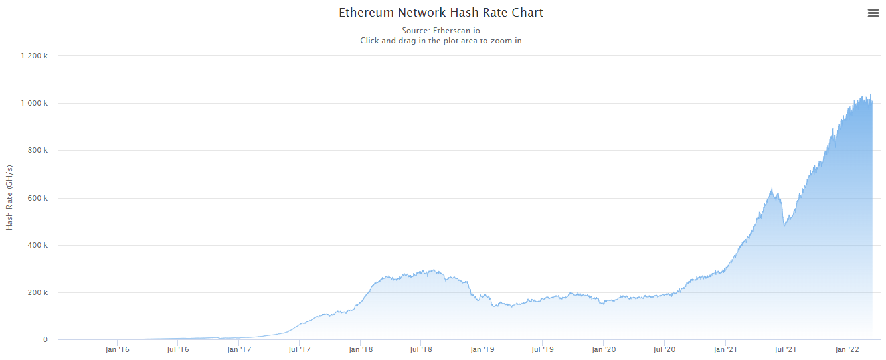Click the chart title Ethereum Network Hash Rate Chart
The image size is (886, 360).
coord(441,13)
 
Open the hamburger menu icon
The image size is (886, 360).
coord(873,13)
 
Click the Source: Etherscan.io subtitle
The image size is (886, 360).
coord(441,31)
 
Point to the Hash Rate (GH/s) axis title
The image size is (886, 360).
coord(9,197)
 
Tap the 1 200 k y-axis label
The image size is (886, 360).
coord(35,56)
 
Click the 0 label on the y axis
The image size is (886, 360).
coord(45,340)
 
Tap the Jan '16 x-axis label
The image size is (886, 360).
coord(117,349)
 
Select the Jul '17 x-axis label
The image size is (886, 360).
coord(300,349)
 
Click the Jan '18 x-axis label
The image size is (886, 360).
coord(360,349)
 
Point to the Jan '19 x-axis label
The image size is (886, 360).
coord(482,349)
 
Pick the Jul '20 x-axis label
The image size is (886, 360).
coord(664,349)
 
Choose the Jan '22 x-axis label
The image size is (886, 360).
coord(847,349)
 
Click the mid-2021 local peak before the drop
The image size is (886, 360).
coord(771,189)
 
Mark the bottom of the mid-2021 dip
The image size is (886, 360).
coord(784,226)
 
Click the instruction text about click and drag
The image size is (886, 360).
coord(441,41)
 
